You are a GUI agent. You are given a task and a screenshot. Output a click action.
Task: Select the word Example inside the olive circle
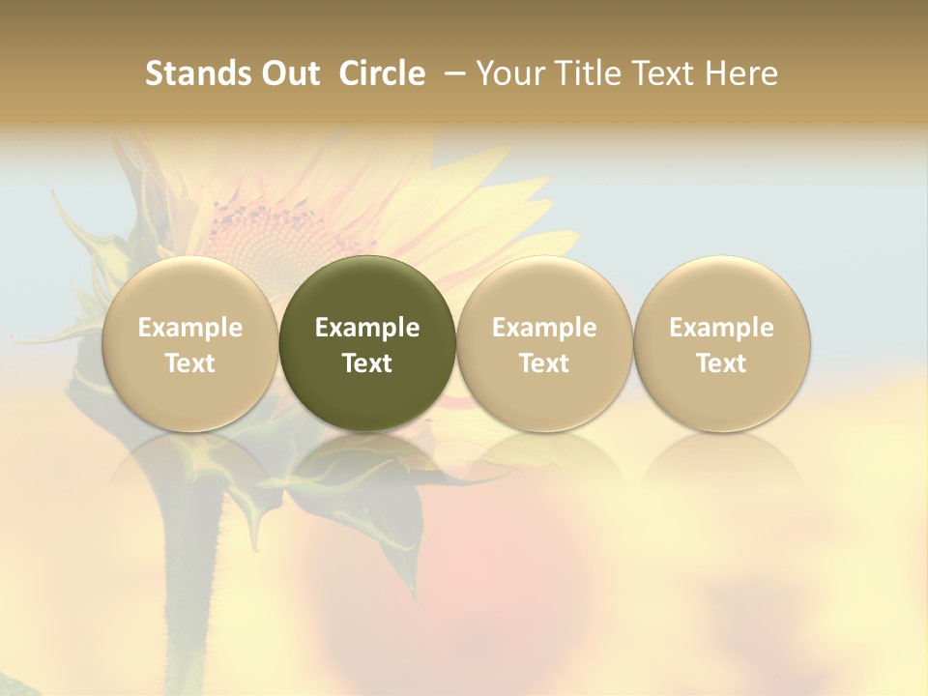pyautogui.click(x=367, y=328)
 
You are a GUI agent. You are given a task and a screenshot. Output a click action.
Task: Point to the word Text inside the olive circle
pyautogui.click(x=367, y=363)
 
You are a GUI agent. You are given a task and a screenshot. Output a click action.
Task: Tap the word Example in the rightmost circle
pyautogui.click(x=721, y=328)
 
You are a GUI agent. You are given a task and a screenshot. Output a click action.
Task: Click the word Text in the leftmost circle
pyautogui.click(x=189, y=363)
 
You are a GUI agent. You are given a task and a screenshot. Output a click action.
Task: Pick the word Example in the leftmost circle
pyautogui.click(x=189, y=328)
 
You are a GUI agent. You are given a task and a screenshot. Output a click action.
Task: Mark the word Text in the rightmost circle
pyautogui.click(x=721, y=363)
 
